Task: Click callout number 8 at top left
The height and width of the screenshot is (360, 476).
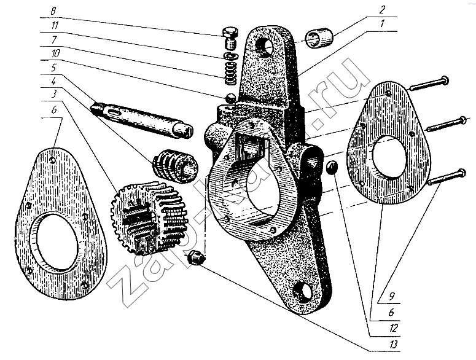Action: pyautogui.click(x=53, y=12)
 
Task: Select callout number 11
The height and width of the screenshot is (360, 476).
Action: pyautogui.click(x=54, y=25)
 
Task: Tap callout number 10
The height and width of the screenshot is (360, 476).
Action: pyautogui.click(x=55, y=53)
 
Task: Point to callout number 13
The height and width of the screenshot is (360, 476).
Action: pyautogui.click(x=394, y=345)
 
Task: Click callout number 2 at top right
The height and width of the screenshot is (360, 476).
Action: pyautogui.click(x=382, y=10)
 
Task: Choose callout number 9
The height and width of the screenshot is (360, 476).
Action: pyautogui.click(x=392, y=296)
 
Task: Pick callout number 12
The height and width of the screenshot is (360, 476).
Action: pyautogui.click(x=394, y=328)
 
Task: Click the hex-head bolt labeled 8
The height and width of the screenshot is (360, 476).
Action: pyautogui.click(x=230, y=37)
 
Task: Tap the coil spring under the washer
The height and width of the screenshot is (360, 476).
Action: pyautogui.click(x=231, y=74)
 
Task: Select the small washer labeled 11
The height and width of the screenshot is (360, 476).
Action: pyautogui.click(x=230, y=57)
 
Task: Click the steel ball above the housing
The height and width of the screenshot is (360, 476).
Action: pyautogui.click(x=231, y=97)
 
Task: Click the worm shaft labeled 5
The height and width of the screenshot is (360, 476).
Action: pyautogui.click(x=141, y=119)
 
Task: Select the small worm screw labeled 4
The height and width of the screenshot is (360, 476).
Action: pyautogui.click(x=175, y=166)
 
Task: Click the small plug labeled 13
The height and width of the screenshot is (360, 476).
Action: pyautogui.click(x=196, y=257)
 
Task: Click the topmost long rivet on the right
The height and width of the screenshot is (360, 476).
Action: pyautogui.click(x=429, y=83)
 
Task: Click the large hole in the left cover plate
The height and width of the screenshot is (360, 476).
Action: pyautogui.click(x=55, y=241)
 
